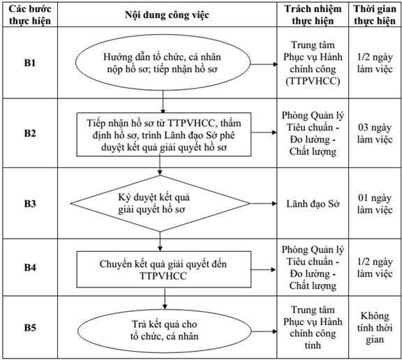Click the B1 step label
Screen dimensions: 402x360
click(x=30, y=63)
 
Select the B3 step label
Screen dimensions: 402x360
click(x=30, y=204)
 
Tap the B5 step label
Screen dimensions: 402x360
click(x=30, y=327)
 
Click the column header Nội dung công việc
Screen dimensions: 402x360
click(x=167, y=15)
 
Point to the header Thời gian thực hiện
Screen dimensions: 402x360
click(x=375, y=15)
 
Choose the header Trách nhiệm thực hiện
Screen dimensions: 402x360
click(x=313, y=15)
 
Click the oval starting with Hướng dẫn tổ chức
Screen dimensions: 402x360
click(x=163, y=63)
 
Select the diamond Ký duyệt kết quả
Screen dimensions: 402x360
click(x=161, y=204)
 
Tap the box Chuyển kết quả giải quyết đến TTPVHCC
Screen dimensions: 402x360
click(x=164, y=269)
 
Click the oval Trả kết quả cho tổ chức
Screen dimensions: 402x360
click(x=164, y=331)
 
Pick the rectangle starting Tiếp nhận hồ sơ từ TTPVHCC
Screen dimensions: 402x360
click(x=164, y=135)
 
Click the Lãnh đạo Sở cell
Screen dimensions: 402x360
click(x=313, y=204)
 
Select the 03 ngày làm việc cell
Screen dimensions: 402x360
click(x=375, y=133)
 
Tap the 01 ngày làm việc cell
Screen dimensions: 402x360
click(x=375, y=204)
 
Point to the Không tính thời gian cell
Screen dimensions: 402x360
click(x=375, y=327)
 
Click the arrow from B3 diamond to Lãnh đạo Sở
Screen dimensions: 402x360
click(x=264, y=204)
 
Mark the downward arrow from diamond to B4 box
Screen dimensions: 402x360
click(x=160, y=241)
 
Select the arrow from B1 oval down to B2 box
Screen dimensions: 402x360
click(x=163, y=102)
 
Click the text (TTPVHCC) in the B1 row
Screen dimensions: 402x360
click(x=313, y=81)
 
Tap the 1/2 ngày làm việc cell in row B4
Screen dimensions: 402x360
click(x=375, y=268)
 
